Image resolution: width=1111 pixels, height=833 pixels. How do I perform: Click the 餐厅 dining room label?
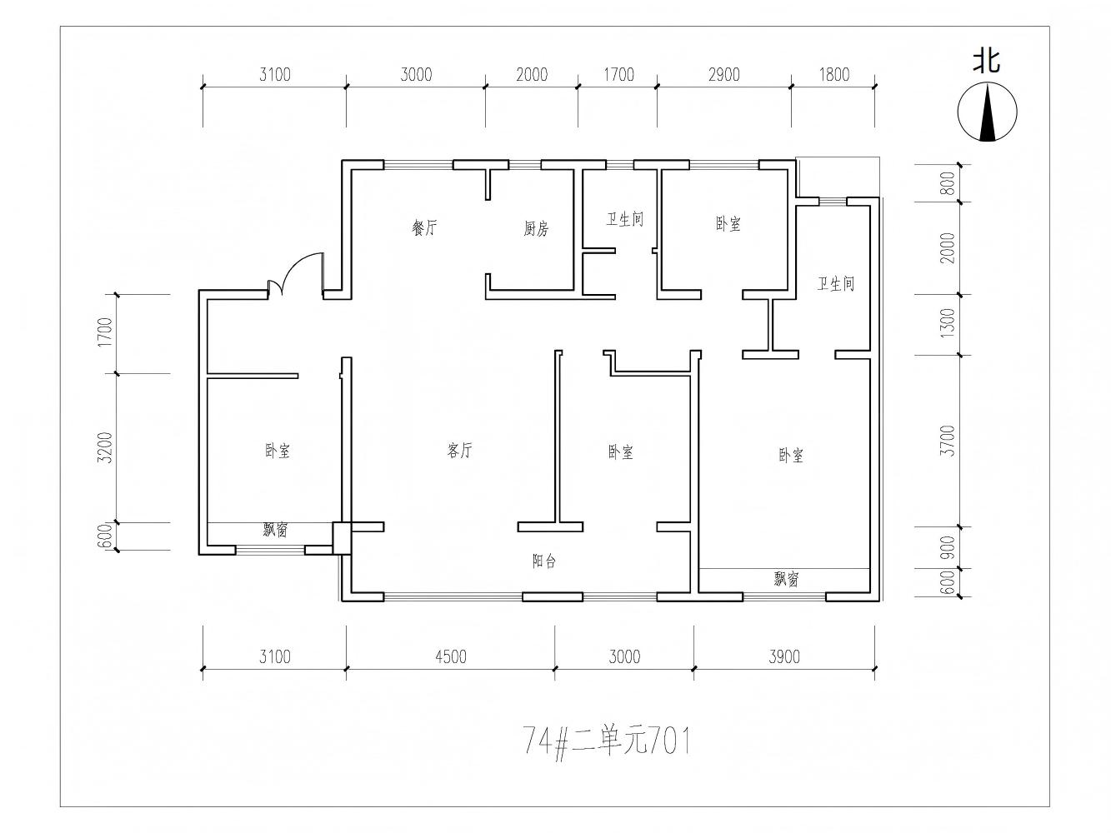424,227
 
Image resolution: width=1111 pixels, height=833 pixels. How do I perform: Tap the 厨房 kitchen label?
536,228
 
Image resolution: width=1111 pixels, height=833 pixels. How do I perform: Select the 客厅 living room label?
459,450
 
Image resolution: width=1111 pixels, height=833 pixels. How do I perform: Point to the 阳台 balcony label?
544,561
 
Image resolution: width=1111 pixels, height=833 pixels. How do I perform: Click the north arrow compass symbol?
987,112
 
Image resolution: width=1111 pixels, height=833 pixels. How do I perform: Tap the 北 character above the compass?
987,62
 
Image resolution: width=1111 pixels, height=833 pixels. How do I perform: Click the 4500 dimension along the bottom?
450,656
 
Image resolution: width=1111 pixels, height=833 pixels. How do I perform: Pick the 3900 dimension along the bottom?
784,656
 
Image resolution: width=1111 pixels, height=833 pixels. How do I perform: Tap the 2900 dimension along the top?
723,75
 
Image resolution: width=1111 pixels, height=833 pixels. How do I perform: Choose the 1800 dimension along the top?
833,75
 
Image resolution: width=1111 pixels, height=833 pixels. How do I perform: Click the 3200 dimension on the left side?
106,447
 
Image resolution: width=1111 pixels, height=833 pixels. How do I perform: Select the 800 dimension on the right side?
949,183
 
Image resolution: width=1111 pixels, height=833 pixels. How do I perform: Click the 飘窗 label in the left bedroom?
275,530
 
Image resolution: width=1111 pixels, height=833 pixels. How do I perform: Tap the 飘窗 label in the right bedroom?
786,579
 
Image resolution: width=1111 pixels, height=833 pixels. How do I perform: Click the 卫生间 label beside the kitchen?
625,219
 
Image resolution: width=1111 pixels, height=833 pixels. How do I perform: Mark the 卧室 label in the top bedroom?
728,223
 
